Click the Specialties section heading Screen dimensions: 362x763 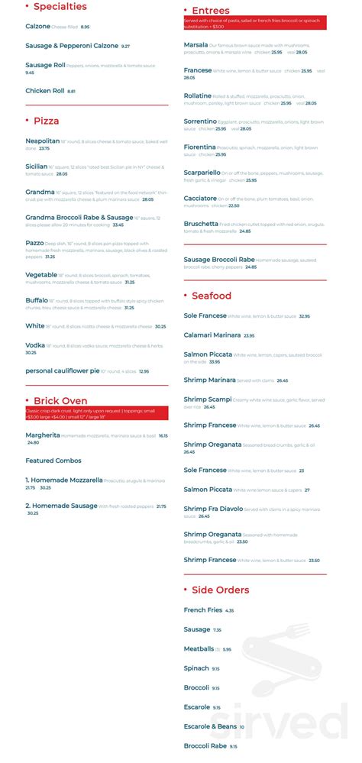60,7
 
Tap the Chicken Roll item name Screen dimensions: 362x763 45,91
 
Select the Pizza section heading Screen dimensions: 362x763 46,121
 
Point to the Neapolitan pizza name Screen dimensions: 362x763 42,141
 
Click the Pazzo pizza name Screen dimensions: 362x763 34,242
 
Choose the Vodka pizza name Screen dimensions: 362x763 35,345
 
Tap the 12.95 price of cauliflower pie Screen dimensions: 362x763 144,371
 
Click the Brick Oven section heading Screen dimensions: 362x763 60,401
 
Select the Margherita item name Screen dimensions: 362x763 42,435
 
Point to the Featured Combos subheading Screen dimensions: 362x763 53,461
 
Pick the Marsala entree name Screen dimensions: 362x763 196,45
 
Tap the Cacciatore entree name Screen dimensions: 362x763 200,199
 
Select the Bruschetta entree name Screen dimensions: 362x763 201,224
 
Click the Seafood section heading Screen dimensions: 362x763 212,296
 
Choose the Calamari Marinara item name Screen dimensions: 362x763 212,335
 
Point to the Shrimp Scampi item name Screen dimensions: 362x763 208,399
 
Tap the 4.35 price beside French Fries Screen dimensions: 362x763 229,610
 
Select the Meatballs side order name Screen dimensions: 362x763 199,648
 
